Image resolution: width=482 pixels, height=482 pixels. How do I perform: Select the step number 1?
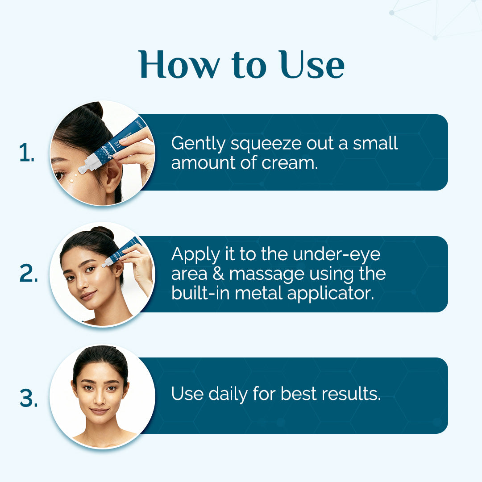point(27,154)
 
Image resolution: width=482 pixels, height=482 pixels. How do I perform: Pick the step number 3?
point(28,399)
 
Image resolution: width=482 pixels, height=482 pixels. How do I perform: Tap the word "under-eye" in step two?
point(337,254)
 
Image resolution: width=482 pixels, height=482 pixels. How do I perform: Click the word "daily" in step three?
point(228,394)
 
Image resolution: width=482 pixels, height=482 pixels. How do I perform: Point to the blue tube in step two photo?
point(125,250)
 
